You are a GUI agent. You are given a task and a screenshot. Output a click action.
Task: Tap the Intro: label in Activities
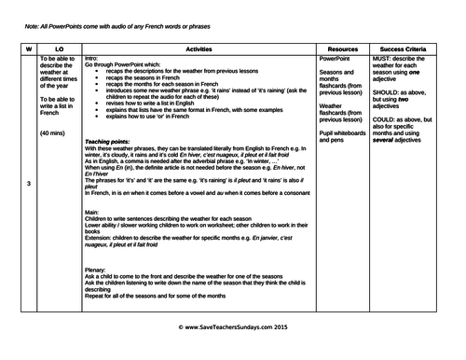(90, 56)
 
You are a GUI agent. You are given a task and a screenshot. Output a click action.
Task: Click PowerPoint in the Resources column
(336, 56)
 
